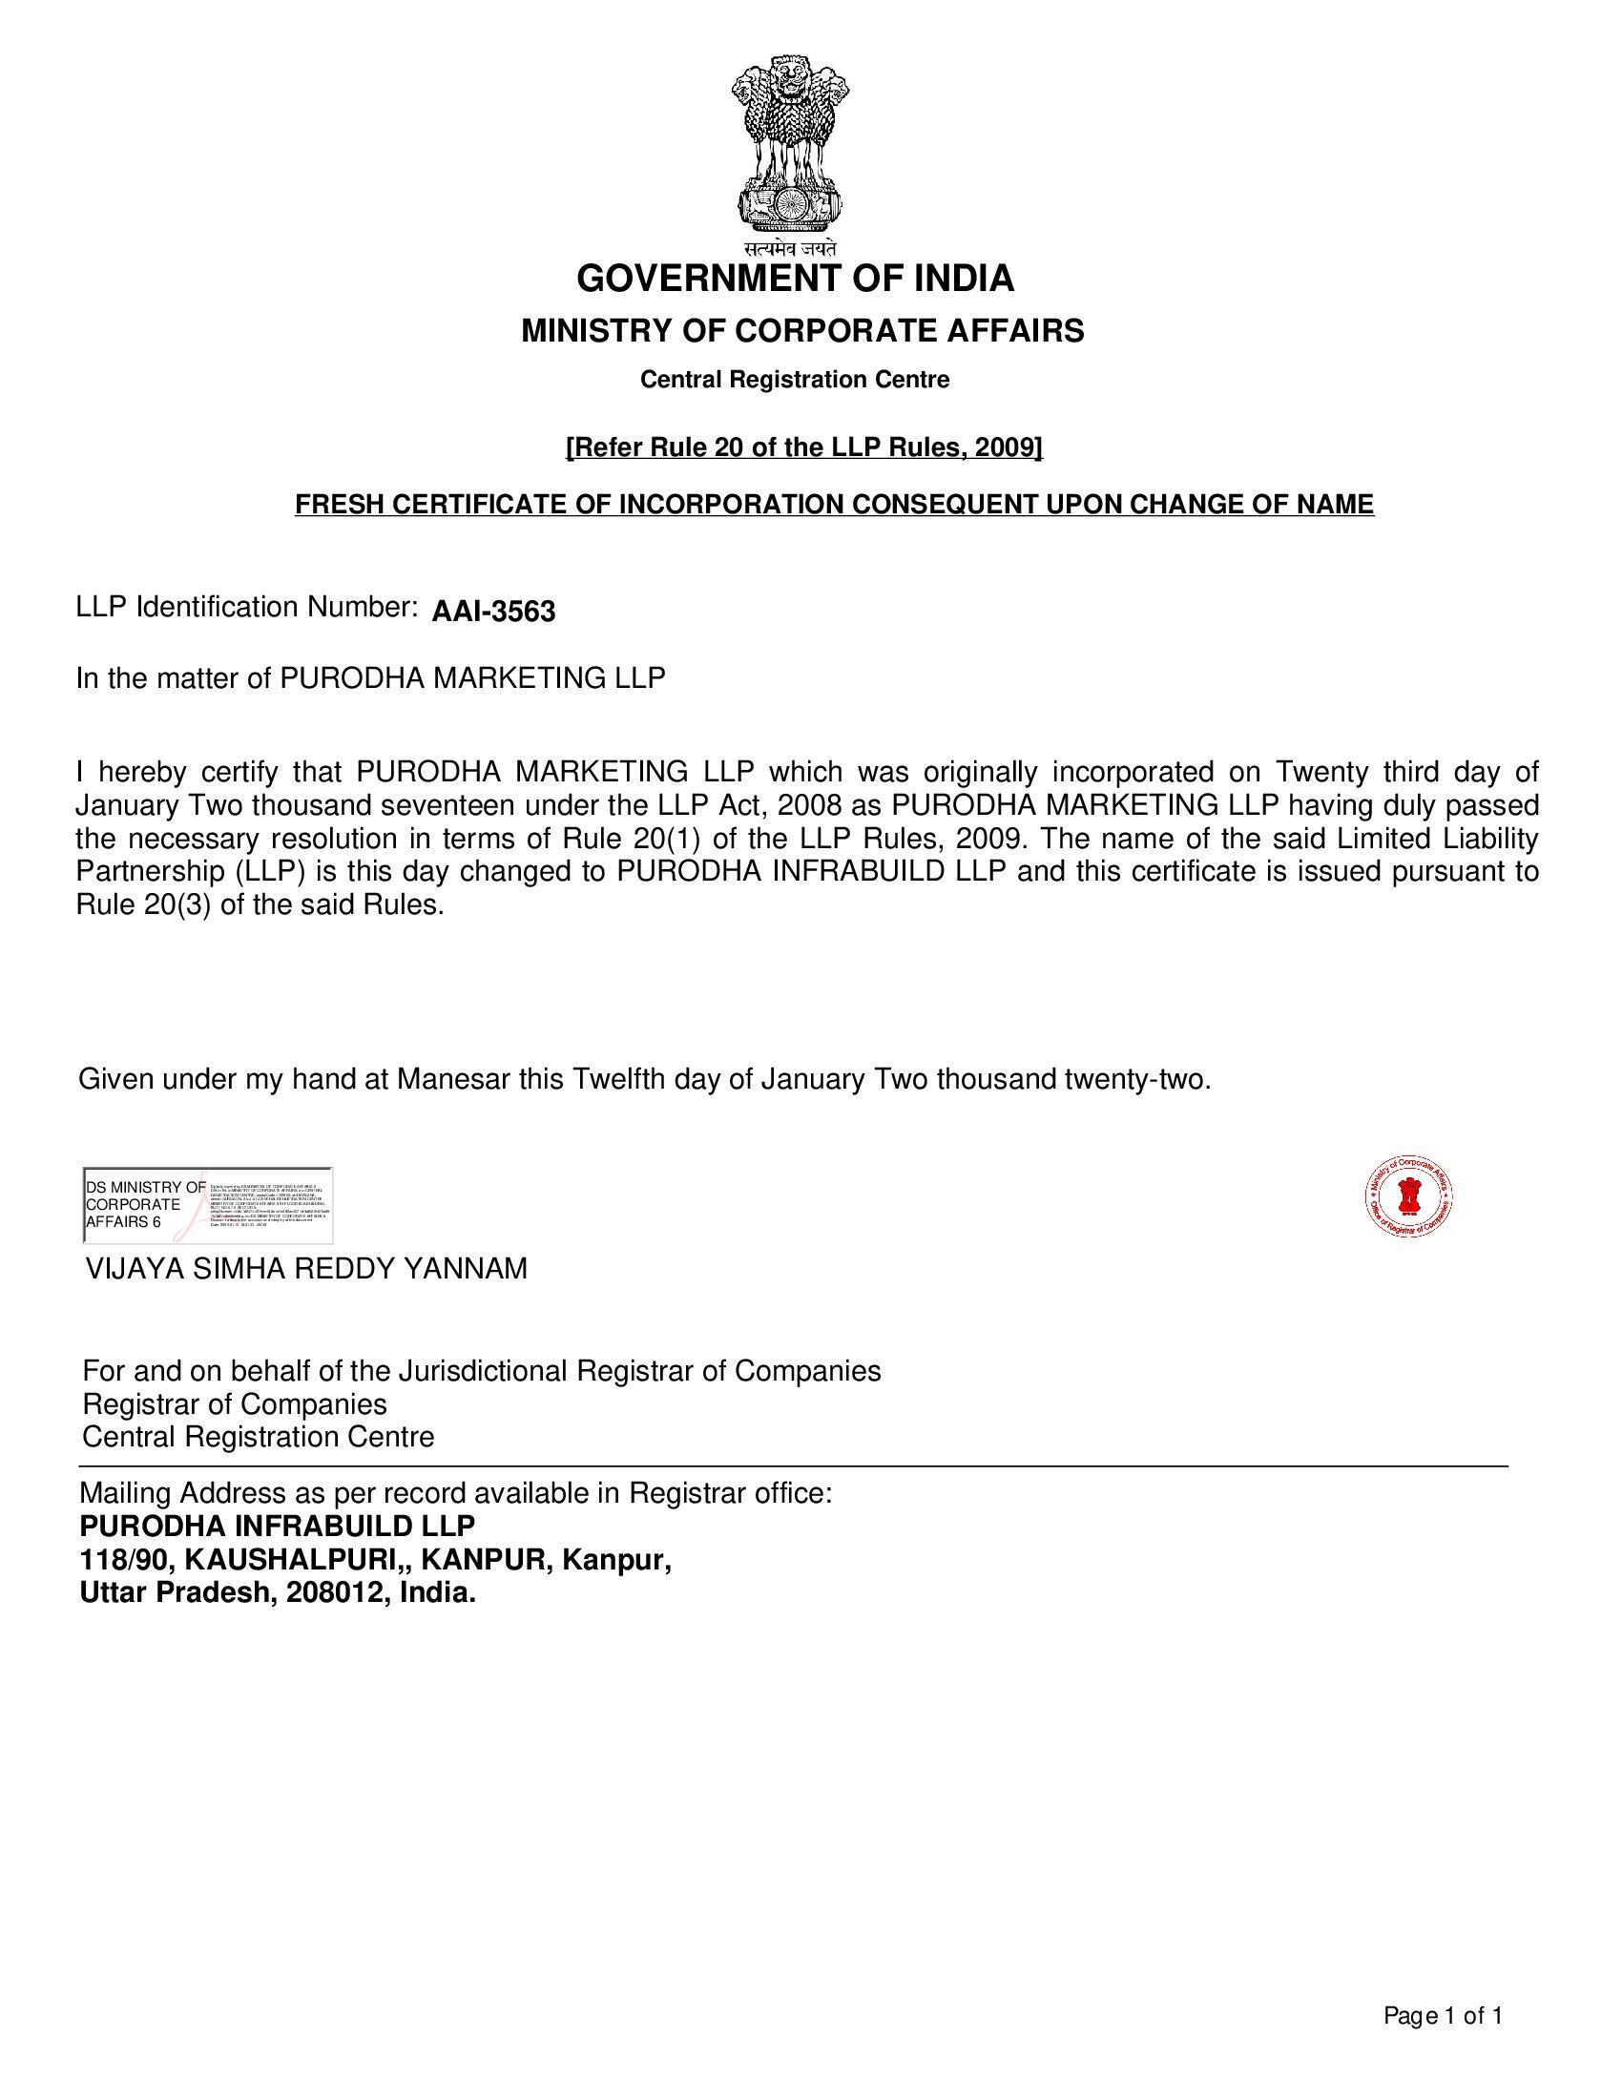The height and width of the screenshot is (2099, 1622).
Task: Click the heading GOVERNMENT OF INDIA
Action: point(795,279)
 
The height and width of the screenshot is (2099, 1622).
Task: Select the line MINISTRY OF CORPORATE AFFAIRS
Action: point(802,331)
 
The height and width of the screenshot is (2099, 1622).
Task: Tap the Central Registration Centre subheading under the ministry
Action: point(795,380)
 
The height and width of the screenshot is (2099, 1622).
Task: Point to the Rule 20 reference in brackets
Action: point(804,447)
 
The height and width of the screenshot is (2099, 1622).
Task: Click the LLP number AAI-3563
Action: point(493,613)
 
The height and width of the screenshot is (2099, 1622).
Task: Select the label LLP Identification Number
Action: point(246,608)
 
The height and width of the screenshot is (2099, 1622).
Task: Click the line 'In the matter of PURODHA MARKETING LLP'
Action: point(371,678)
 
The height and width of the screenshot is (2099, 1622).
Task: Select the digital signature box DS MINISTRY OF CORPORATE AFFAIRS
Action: point(209,1205)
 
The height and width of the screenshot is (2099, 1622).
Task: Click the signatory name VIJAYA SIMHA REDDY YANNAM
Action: point(306,1270)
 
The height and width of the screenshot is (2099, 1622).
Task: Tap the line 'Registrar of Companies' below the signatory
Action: point(235,1404)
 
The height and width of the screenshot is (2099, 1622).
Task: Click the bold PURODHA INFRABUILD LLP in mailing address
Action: point(277,1527)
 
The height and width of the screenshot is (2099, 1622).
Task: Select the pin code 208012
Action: point(335,1592)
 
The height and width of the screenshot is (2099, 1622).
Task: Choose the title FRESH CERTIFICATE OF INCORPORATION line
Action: point(834,505)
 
